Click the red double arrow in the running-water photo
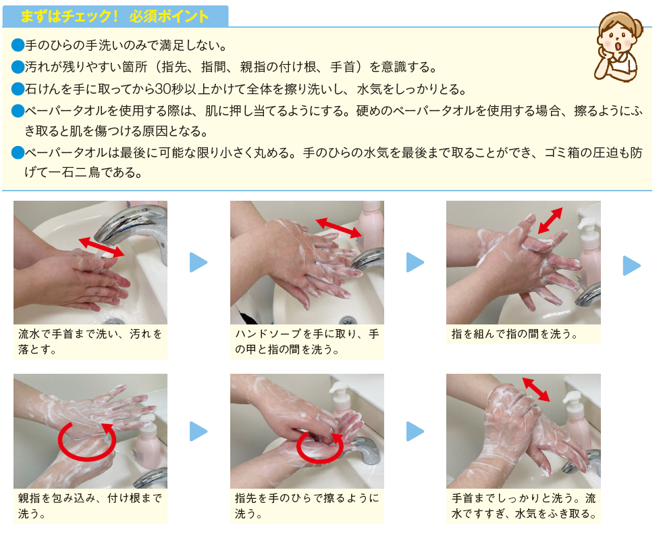(x=101, y=247)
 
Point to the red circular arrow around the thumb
(x=86, y=439)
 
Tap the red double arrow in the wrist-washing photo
(x=535, y=391)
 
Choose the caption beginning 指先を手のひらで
(x=307, y=506)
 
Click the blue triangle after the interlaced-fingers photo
(x=631, y=265)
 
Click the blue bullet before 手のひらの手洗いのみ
(x=18, y=46)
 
